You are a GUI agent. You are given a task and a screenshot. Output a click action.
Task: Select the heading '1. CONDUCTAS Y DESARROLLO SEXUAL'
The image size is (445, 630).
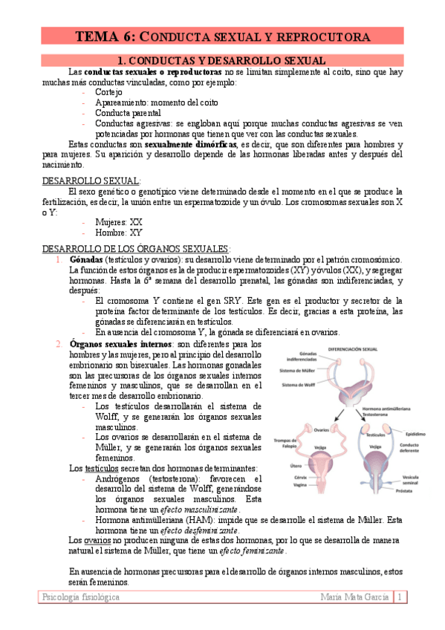(221, 60)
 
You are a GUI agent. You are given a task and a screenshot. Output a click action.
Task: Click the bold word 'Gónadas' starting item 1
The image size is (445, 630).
(88, 260)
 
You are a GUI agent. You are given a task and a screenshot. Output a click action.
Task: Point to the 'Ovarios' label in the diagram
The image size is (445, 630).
(320, 429)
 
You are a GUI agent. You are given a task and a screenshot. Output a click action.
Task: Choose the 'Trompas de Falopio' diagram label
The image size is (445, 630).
(288, 442)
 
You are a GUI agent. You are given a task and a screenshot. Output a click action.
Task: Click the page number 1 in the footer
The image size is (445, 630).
(400, 597)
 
